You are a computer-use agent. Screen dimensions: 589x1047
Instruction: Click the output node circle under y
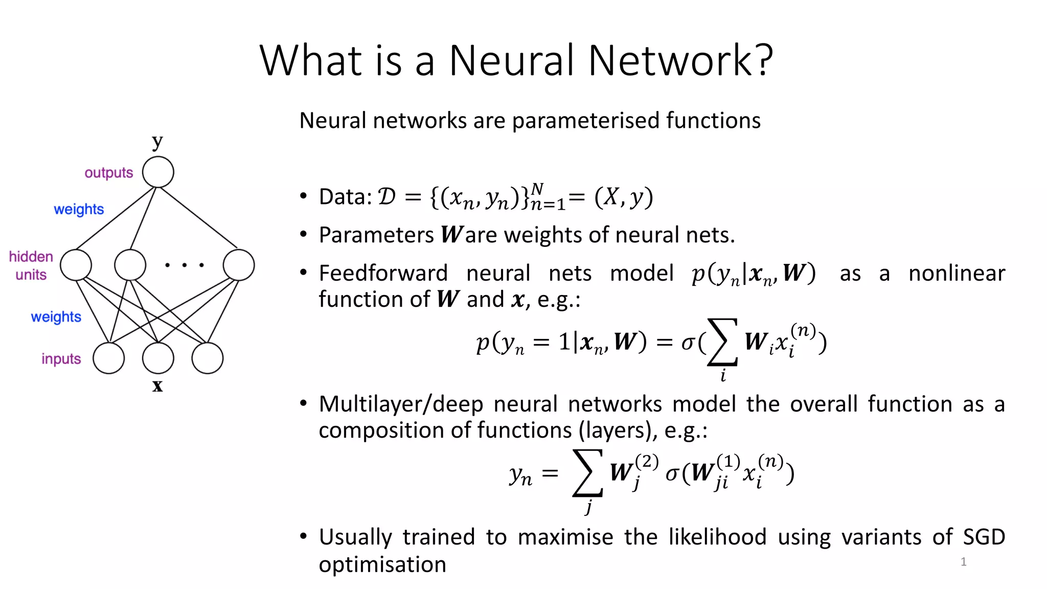[158, 172]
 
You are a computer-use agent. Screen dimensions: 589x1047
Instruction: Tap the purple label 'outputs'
[108, 173]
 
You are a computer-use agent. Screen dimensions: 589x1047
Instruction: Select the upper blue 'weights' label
[79, 209]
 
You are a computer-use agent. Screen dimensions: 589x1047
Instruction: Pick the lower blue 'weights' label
[56, 317]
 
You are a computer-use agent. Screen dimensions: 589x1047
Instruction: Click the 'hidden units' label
[31, 265]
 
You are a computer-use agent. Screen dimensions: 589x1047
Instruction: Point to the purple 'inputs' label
[61, 359]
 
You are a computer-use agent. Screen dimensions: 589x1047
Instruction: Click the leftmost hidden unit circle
[76, 265]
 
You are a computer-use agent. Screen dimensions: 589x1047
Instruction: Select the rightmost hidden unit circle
[239, 265]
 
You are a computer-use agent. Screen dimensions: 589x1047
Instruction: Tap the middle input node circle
[158, 358]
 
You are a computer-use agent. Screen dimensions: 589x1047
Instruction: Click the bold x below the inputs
[157, 386]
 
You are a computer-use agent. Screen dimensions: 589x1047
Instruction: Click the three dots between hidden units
[185, 265]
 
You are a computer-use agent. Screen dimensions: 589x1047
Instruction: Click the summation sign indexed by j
[588, 473]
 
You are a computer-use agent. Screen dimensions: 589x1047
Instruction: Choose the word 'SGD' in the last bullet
[984, 537]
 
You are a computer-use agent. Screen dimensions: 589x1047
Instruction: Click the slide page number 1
[964, 562]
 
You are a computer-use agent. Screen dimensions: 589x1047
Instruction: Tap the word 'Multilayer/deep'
[401, 404]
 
